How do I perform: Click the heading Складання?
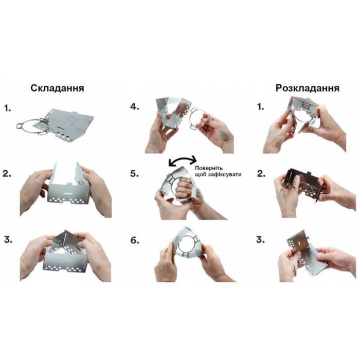tap(58, 88)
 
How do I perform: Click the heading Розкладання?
tap(308, 88)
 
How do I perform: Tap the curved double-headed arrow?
tap(183, 160)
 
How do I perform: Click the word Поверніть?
tap(209, 168)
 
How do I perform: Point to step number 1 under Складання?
tap(7, 108)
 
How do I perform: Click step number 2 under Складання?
tap(7, 174)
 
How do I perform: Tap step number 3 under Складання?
tap(8, 240)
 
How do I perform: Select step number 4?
tap(135, 107)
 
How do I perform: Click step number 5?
tap(135, 174)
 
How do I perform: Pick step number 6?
tap(135, 240)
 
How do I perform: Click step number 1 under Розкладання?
tap(260, 107)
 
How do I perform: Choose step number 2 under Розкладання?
tap(261, 174)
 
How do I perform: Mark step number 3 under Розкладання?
tap(260, 240)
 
